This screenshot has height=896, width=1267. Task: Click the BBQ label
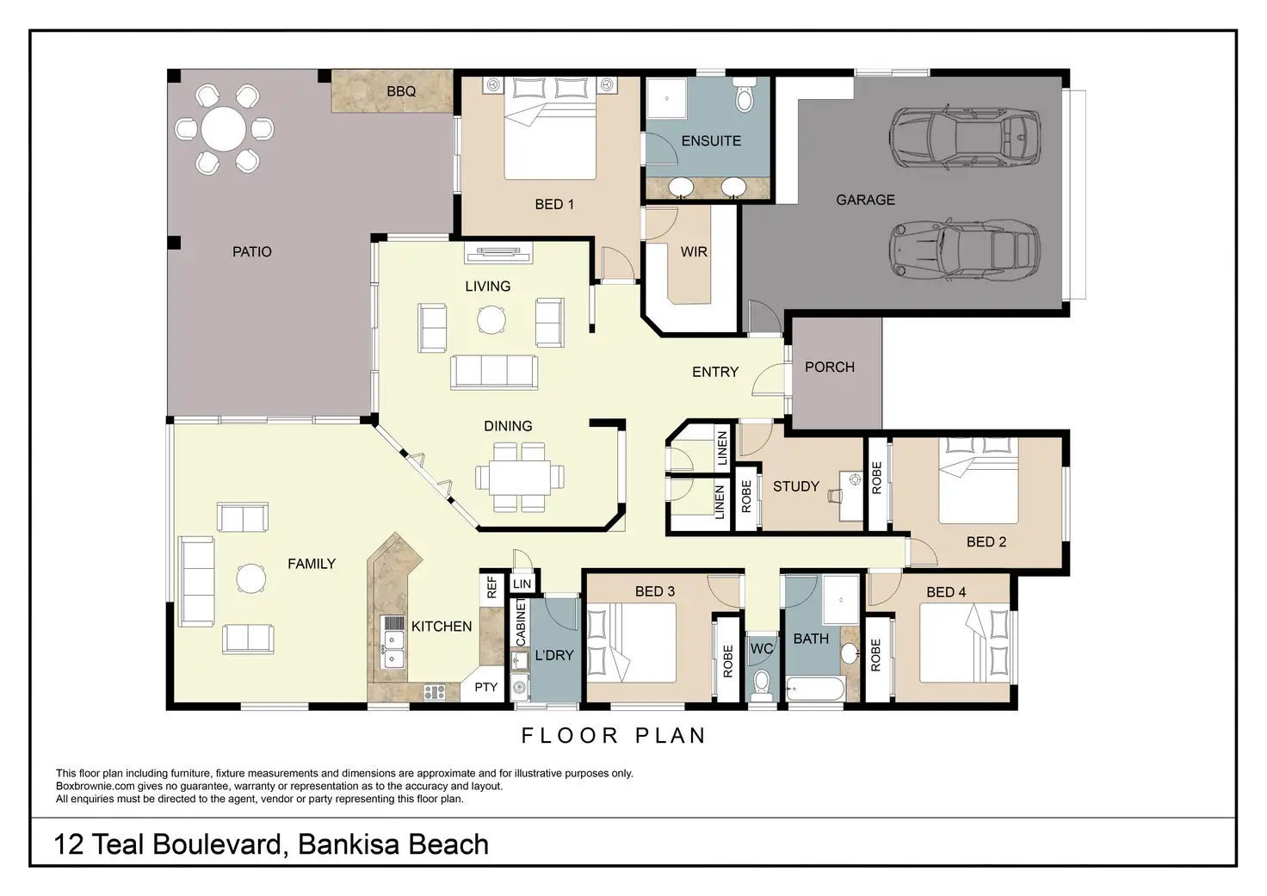(x=401, y=91)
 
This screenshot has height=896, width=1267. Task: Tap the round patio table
(x=224, y=129)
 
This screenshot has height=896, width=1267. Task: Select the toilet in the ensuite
(x=744, y=95)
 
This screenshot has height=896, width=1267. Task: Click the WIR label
(x=694, y=251)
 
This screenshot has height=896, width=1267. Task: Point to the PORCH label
(x=829, y=368)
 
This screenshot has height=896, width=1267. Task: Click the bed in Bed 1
(x=550, y=129)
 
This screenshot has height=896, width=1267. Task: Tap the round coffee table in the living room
(x=491, y=320)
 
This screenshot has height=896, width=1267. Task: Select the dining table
(x=520, y=478)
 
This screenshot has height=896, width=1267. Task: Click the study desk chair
(x=834, y=496)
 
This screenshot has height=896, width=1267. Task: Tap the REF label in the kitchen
(x=491, y=587)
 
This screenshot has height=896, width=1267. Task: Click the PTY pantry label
(x=485, y=687)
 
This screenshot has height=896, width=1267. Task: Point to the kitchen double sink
(x=392, y=649)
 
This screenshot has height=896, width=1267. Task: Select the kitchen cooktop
(x=435, y=692)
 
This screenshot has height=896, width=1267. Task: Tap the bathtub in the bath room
(x=815, y=689)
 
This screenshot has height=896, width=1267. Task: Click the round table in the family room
(x=250, y=578)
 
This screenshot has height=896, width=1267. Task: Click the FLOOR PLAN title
(x=614, y=735)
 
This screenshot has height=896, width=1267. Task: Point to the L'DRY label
(x=553, y=655)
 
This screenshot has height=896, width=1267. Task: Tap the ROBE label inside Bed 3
(x=728, y=661)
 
